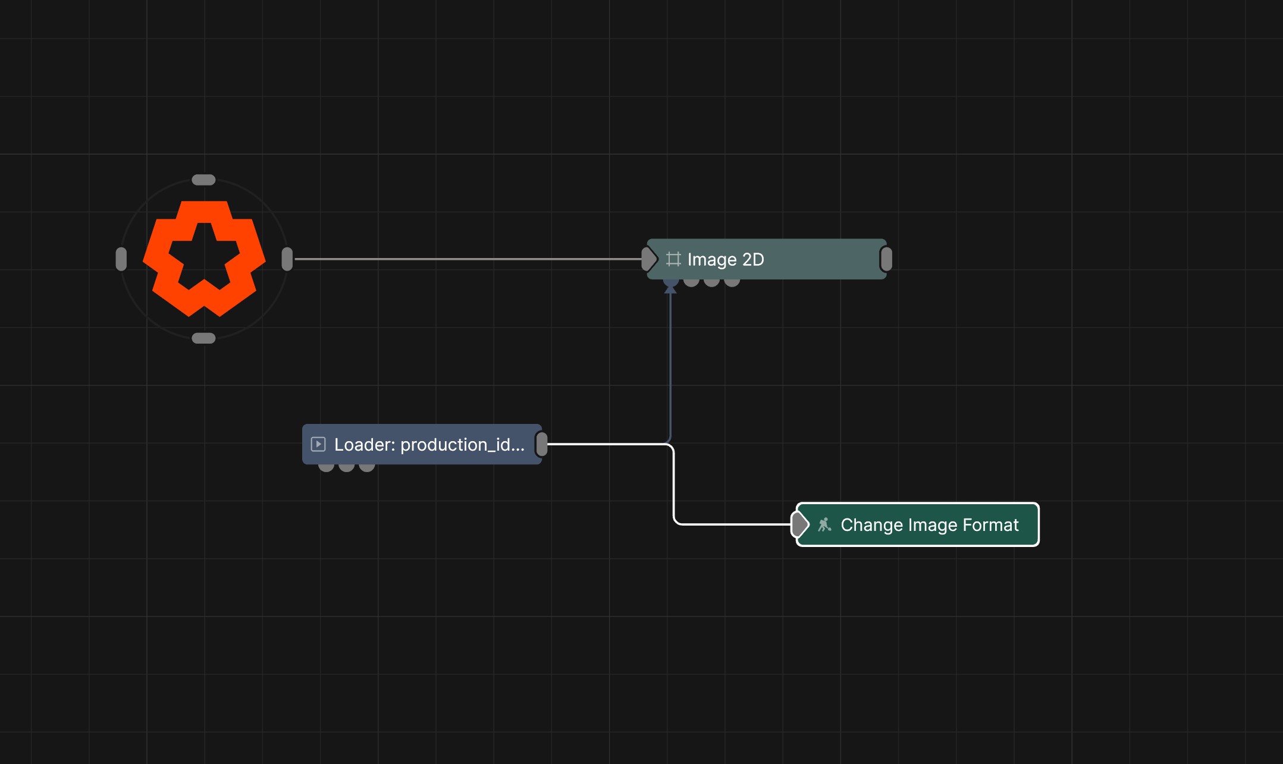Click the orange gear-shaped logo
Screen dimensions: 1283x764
point(204,259)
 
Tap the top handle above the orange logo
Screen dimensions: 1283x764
point(203,180)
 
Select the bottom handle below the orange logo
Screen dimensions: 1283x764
point(203,338)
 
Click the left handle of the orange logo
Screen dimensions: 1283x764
point(121,259)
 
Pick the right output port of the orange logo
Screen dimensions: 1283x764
point(287,259)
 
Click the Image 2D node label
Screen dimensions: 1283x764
point(726,260)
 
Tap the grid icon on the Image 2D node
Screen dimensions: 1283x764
point(673,259)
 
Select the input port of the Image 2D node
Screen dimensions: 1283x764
point(649,259)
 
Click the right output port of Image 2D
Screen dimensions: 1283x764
point(886,259)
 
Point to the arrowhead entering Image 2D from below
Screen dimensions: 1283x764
point(670,288)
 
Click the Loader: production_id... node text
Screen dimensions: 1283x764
point(429,445)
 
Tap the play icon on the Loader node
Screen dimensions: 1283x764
point(318,444)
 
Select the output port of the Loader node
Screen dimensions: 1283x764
point(542,444)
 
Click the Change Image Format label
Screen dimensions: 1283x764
point(930,525)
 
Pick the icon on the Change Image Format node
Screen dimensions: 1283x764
point(824,524)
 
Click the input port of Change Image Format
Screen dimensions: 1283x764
point(800,524)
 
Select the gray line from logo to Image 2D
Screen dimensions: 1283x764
point(468,259)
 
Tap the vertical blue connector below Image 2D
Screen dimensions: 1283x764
point(670,366)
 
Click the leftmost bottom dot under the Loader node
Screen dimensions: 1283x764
point(326,467)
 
